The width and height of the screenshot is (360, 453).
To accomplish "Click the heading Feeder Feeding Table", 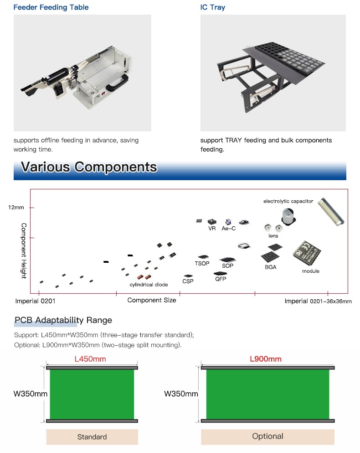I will click(51, 7).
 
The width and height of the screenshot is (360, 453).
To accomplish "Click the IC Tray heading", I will click(213, 7).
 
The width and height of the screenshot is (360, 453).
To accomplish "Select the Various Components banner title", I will click(89, 167).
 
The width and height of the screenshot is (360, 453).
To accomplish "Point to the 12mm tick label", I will click(16, 207).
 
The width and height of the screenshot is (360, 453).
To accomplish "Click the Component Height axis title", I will click(24, 250).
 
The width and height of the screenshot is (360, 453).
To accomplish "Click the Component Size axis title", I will click(151, 300).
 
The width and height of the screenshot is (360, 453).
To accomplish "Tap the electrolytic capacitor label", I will click(288, 201).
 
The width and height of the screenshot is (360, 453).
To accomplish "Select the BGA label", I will click(270, 267).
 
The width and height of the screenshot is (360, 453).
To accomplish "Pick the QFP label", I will click(221, 279).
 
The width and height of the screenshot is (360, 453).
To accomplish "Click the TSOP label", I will click(202, 264).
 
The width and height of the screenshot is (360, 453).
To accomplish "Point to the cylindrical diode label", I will click(149, 285).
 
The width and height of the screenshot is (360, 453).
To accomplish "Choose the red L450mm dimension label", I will click(90, 359).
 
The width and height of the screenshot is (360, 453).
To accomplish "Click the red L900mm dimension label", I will click(266, 359).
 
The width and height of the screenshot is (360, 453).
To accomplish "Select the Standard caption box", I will click(92, 437).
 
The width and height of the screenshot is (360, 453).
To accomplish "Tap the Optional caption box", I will click(267, 436).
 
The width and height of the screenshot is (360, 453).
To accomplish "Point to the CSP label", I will click(188, 281).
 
